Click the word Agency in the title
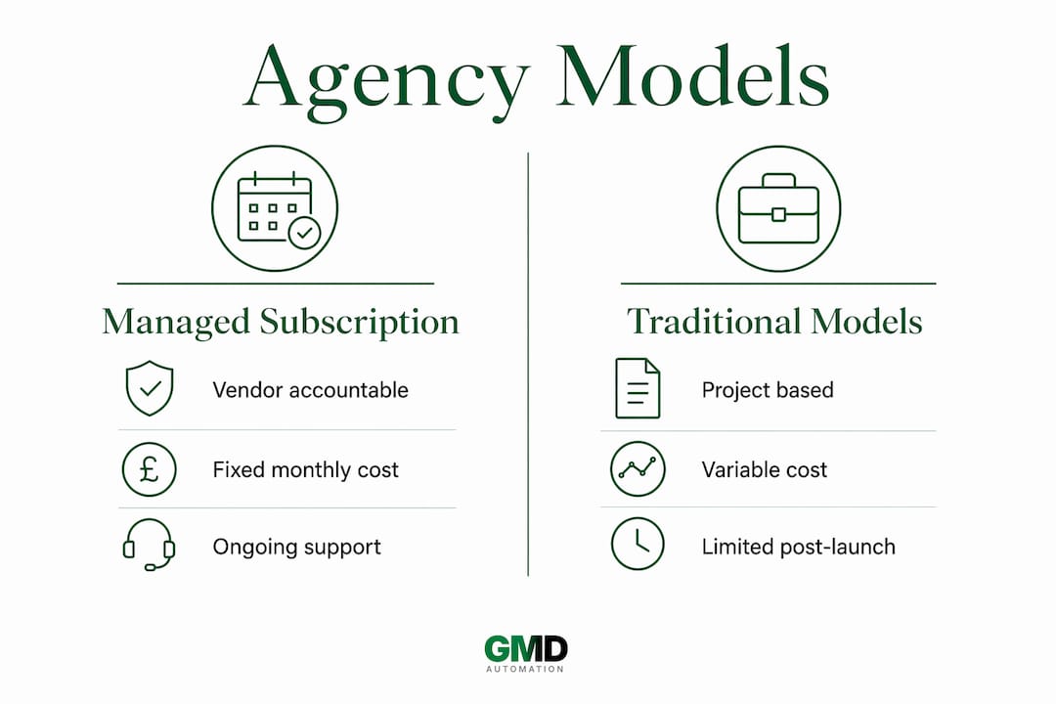coord(386,82)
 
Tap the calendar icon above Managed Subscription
coord(275,208)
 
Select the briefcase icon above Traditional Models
coord(778,208)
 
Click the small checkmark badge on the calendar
coord(304,233)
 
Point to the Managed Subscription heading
coord(281,322)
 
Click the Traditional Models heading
coord(774,322)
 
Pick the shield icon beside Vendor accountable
coord(150,389)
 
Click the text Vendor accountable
coord(311,390)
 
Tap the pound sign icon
coord(149,469)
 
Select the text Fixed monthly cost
coord(306,469)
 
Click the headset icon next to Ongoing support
coord(149,545)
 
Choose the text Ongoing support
coord(297,547)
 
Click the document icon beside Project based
coord(638,388)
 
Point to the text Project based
coord(768,390)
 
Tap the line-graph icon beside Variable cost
coord(638,469)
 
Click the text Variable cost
coord(765,469)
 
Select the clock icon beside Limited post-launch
coord(638,544)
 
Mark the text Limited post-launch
coord(799,547)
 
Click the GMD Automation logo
coord(526,654)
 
